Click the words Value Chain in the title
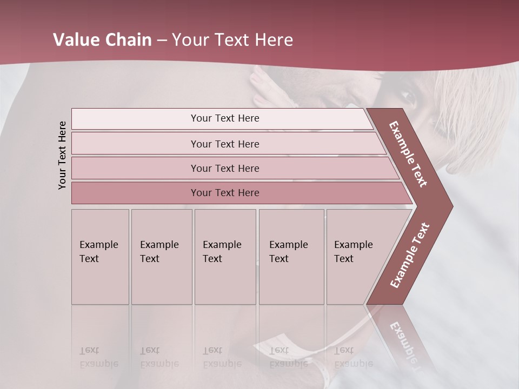[102, 40]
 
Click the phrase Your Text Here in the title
[232, 40]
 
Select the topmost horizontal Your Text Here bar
[225, 118]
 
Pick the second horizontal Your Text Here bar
[225, 144]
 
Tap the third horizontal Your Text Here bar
[225, 168]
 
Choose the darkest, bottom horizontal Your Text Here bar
[225, 193]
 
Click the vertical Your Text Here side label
[63, 155]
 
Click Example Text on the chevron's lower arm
[410, 255]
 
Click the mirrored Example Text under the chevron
[405, 343]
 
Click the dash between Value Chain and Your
[161, 41]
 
